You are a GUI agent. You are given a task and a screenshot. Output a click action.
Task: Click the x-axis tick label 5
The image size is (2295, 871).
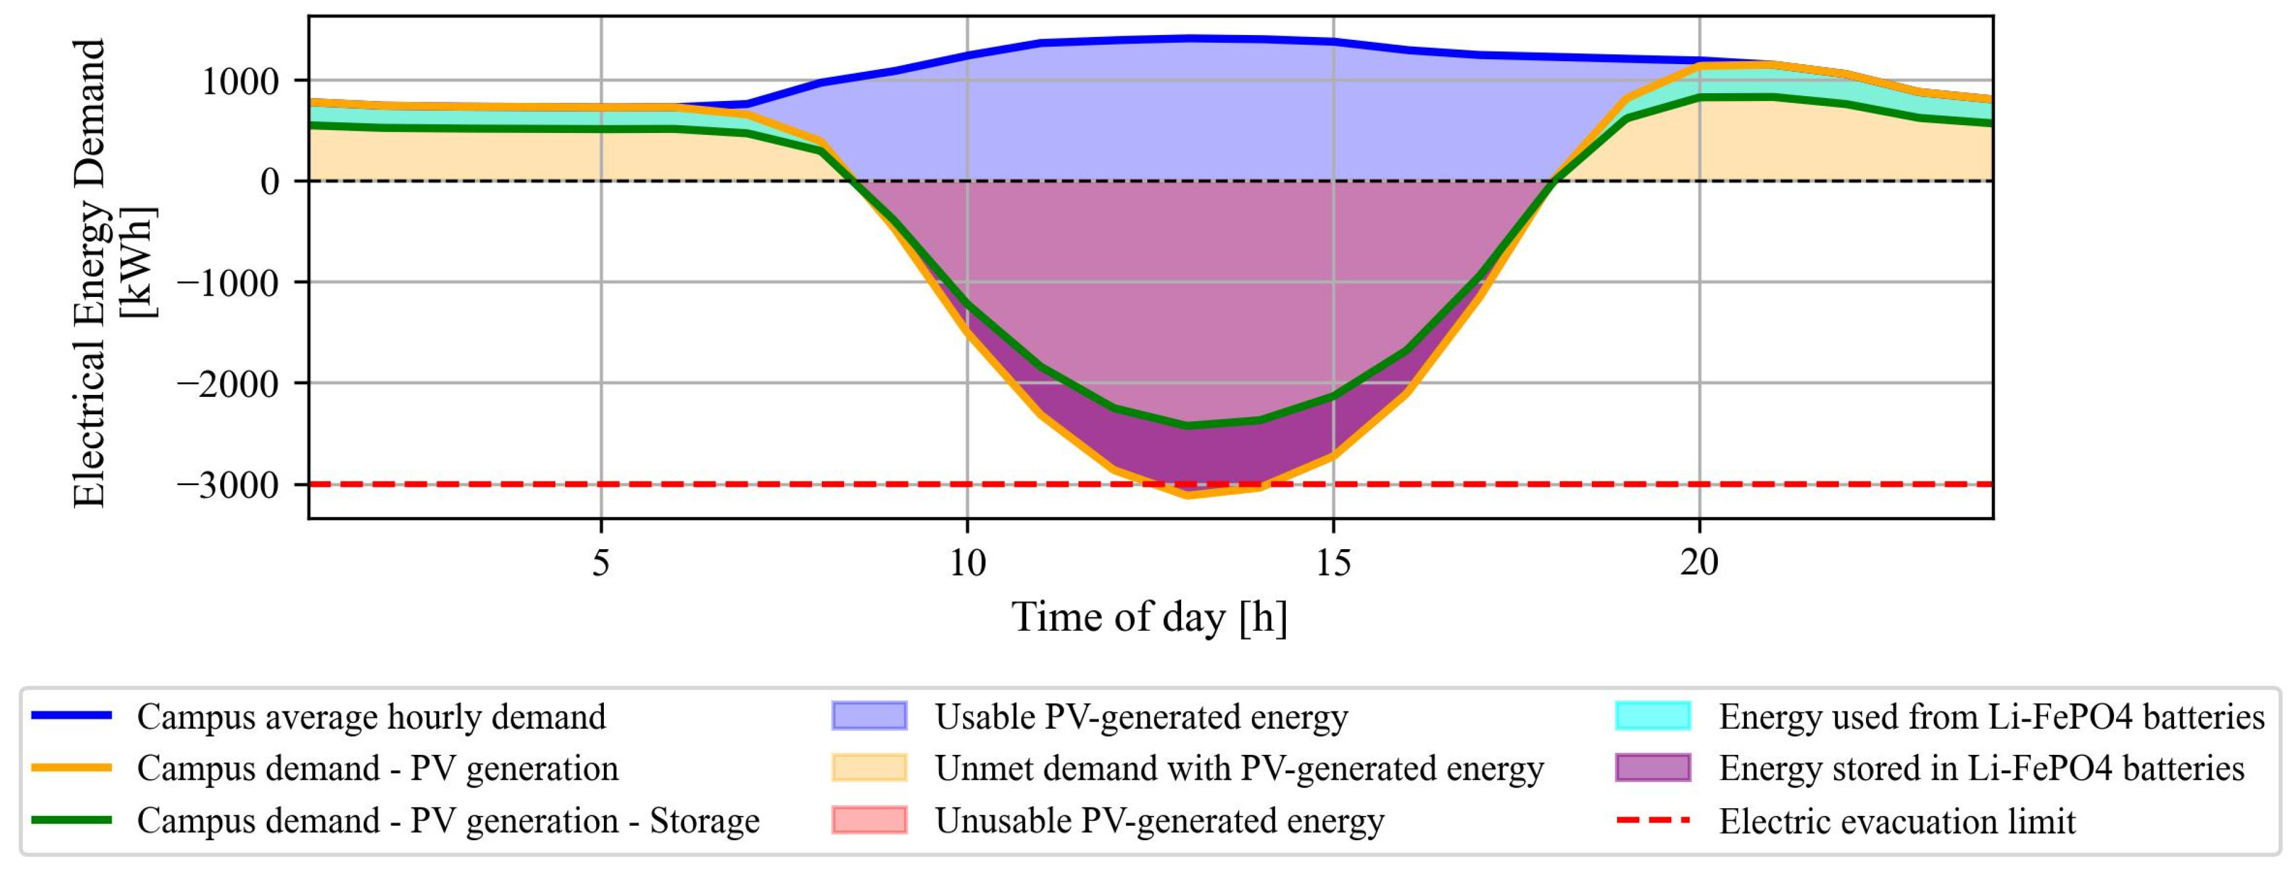coord(601,563)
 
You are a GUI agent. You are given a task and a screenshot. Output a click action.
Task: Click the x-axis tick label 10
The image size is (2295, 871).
coord(967,563)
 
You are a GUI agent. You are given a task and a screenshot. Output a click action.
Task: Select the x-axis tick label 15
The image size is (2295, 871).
coord(1334,563)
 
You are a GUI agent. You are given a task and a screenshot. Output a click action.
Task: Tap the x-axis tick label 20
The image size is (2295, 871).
coord(1700,563)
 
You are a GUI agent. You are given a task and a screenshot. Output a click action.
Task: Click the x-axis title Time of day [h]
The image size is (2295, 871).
coord(1149,617)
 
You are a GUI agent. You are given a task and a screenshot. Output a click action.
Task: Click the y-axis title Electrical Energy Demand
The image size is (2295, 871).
coord(89,272)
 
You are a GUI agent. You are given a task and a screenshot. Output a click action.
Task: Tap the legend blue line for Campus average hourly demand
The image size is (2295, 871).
coord(71,716)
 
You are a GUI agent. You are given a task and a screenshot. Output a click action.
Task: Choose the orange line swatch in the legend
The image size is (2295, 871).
coord(71,768)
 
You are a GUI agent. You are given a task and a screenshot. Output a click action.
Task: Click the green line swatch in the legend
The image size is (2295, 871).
coord(71,820)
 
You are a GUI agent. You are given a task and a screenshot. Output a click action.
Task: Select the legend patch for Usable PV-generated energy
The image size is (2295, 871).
coord(869,716)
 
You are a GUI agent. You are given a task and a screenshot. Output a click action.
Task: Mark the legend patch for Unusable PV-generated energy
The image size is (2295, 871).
coord(869,820)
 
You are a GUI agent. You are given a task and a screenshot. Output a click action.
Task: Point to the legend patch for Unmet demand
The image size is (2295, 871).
coord(869,768)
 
